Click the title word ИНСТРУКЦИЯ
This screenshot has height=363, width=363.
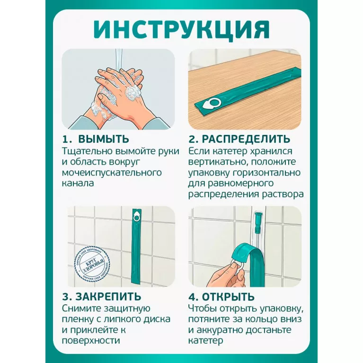point(182,29)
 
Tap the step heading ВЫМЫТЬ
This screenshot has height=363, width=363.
point(104,139)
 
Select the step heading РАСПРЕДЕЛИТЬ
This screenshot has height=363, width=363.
point(246,139)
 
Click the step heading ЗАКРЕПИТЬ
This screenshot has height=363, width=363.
point(108,297)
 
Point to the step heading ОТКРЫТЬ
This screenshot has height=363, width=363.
point(228,297)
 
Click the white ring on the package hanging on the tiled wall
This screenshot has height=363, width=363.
point(137,218)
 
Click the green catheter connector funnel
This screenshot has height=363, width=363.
point(257,221)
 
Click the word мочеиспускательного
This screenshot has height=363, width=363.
point(112,172)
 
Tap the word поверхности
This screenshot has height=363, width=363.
point(91,341)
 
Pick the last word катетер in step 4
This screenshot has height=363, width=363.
point(205,341)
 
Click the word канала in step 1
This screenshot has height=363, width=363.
point(78,183)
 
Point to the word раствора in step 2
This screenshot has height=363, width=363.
point(283,194)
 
